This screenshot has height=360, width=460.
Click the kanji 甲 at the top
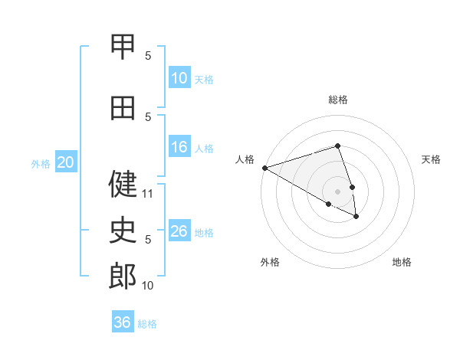(123, 46)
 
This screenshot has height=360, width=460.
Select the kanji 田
(123, 108)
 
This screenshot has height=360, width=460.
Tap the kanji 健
(123, 184)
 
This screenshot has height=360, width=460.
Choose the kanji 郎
(123, 277)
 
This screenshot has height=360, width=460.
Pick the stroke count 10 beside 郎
(148, 286)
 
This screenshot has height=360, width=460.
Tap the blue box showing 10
(179, 78)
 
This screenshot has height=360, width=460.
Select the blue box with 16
(179, 148)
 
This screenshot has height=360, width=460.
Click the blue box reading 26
(179, 231)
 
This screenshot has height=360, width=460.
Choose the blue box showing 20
(65, 162)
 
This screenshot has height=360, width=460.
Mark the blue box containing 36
(122, 322)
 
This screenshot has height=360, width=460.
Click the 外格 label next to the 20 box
(40, 163)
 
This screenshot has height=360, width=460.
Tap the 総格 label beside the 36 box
(147, 324)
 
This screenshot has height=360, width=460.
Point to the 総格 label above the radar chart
(338, 100)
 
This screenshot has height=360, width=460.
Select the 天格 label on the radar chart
(432, 159)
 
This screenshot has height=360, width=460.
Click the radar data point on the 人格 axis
(264, 167)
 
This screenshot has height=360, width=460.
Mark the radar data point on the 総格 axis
(337, 146)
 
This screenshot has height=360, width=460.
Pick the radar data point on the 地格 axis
(356, 217)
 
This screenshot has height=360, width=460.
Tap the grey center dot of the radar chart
(337, 191)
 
